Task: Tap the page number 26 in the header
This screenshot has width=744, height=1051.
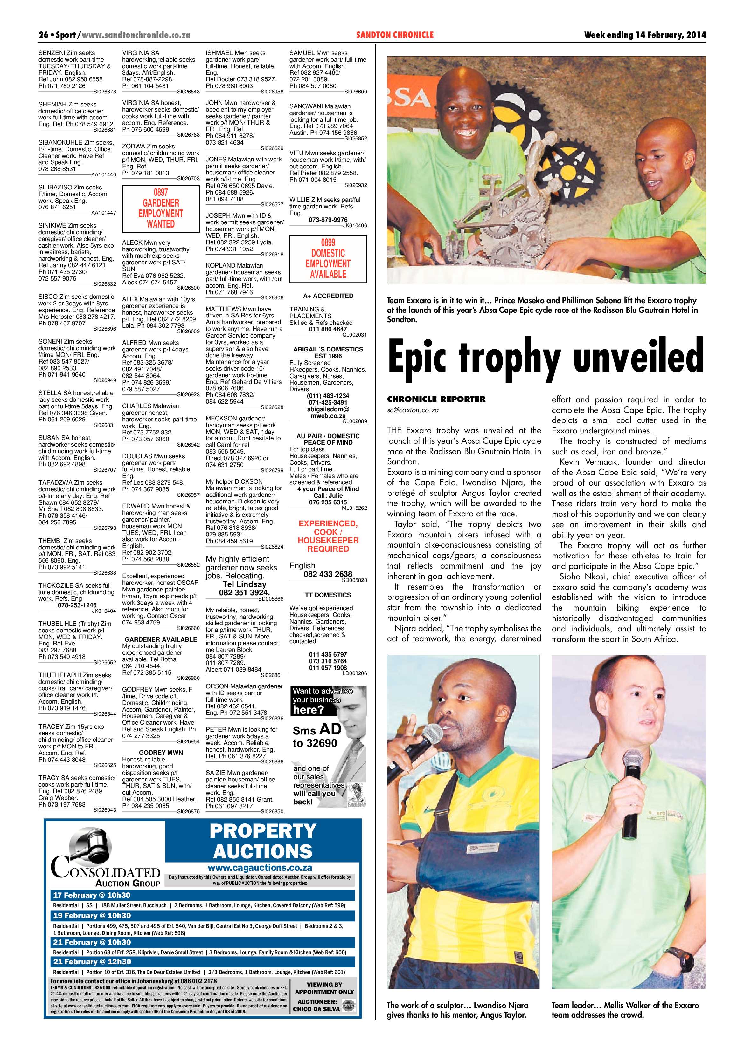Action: [44, 35]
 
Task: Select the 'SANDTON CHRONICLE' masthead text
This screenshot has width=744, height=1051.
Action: [394, 35]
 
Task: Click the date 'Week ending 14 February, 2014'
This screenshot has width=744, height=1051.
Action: [644, 35]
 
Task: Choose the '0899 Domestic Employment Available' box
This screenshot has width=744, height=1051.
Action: [328, 259]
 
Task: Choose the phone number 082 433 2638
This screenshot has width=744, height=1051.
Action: [328, 574]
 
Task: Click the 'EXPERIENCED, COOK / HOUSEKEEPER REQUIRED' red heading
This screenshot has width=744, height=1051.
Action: [328, 536]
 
